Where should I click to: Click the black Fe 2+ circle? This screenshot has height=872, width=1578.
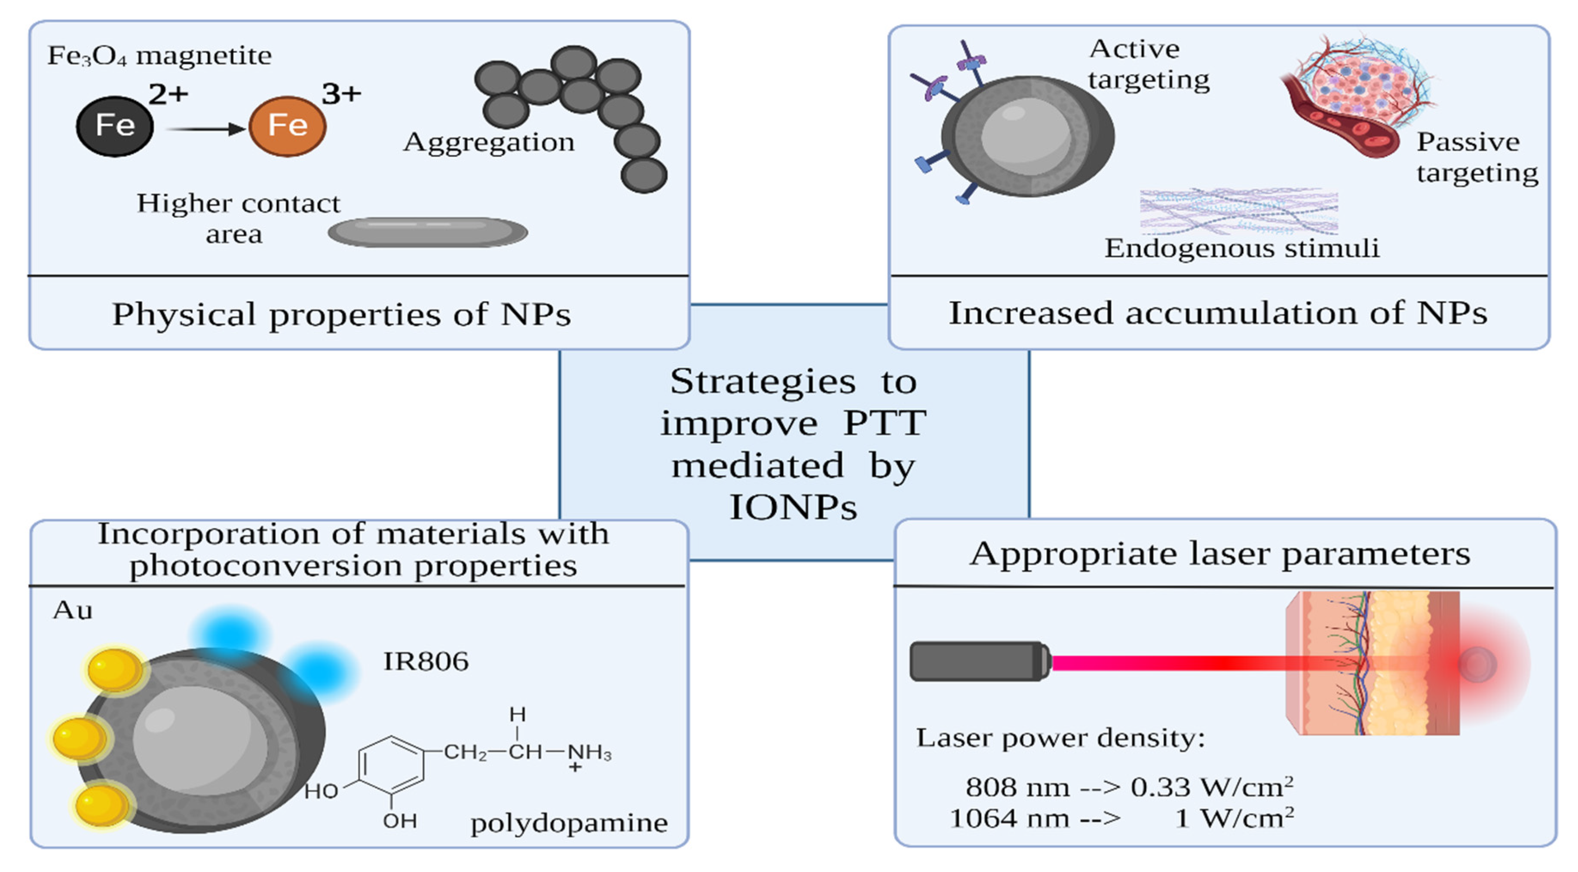click(x=114, y=126)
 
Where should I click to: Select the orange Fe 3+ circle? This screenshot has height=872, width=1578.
click(x=287, y=126)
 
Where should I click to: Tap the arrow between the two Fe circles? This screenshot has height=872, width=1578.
click(x=205, y=129)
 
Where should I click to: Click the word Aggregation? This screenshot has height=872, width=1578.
click(x=488, y=143)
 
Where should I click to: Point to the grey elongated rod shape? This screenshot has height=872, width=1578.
click(x=428, y=232)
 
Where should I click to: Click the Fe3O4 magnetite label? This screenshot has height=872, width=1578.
click(x=159, y=56)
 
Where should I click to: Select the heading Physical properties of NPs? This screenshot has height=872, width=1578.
click(x=341, y=314)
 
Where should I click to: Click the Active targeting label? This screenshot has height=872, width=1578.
click(x=1148, y=64)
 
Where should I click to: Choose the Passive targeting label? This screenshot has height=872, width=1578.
click(x=1476, y=157)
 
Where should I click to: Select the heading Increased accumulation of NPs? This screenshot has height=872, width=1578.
click(x=1217, y=313)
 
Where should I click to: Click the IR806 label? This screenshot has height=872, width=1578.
click(x=426, y=662)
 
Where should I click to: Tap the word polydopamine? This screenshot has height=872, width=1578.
click(x=568, y=823)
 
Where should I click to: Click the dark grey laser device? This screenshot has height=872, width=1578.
click(x=979, y=662)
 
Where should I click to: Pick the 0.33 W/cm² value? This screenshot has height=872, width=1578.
click(x=1212, y=787)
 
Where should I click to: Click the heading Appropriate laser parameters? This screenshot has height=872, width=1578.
click(x=1220, y=554)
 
